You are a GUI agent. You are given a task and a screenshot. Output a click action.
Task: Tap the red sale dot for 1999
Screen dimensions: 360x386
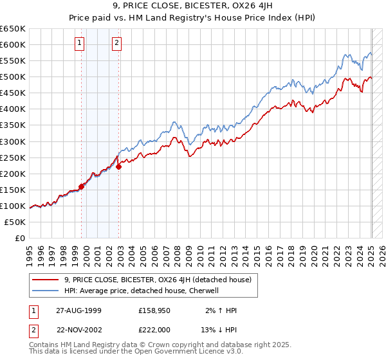[x=82, y=186]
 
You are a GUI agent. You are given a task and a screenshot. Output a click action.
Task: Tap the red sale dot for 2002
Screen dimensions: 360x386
[x=119, y=166]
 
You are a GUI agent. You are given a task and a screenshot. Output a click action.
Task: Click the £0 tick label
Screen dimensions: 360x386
[x=20, y=238]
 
